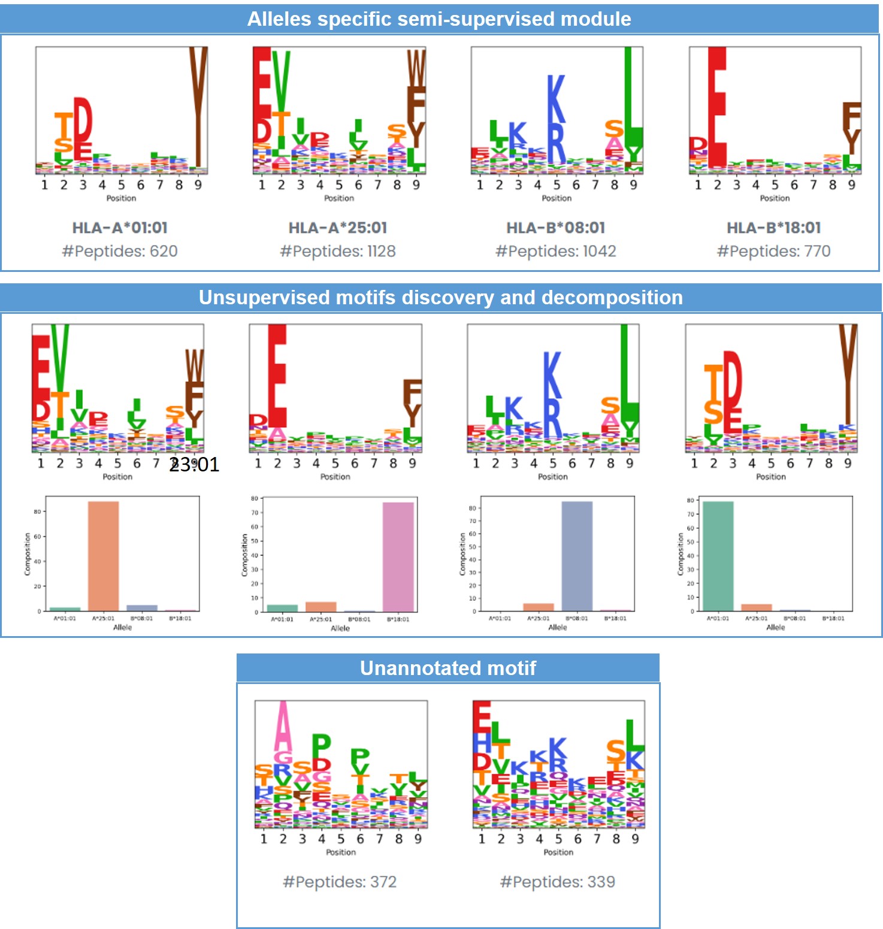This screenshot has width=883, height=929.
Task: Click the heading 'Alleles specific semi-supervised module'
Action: (x=439, y=19)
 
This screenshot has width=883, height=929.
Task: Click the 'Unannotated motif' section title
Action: (x=447, y=668)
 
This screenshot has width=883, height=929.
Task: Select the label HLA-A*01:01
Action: (x=120, y=228)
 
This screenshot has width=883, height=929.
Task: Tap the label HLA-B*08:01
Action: (x=555, y=228)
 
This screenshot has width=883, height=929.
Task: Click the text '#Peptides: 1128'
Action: (x=338, y=251)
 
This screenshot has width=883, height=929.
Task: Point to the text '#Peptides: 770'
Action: (x=773, y=251)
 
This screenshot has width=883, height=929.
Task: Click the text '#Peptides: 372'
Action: (x=340, y=882)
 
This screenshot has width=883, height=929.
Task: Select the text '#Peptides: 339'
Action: (x=557, y=882)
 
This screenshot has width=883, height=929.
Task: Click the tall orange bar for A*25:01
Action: (x=103, y=556)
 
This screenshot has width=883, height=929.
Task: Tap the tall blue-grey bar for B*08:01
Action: (x=576, y=556)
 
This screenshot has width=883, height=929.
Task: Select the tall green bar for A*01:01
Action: (x=718, y=556)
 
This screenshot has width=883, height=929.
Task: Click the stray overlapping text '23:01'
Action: (x=194, y=464)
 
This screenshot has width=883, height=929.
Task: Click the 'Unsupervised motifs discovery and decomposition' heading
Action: (x=440, y=298)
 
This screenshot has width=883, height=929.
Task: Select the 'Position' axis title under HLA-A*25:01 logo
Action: (x=338, y=198)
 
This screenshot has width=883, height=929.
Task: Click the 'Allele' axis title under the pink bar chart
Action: (x=340, y=628)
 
